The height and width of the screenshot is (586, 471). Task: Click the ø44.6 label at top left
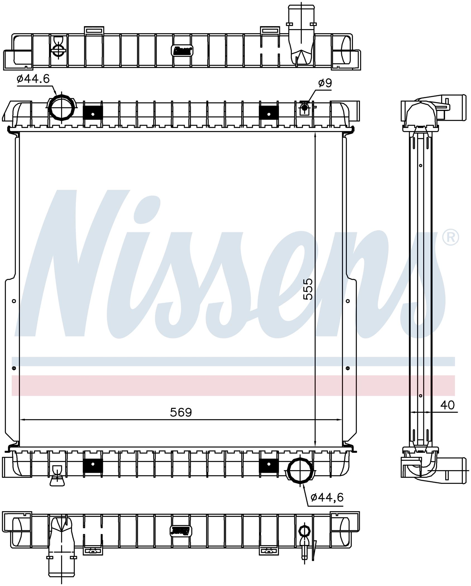(33, 79)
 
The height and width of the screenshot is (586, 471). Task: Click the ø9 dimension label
(325, 83)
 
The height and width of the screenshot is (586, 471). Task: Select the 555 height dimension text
(308, 289)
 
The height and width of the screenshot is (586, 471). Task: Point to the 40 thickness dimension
(447, 405)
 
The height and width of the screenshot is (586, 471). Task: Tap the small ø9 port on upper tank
(304, 107)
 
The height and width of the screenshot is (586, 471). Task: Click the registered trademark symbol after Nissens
(450, 237)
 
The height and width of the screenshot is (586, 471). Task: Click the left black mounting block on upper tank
(93, 114)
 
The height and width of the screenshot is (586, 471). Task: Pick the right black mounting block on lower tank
(269, 464)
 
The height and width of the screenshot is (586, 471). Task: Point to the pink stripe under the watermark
(233, 385)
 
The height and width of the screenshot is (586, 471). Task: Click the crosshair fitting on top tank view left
(58, 49)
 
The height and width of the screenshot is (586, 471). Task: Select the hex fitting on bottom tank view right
(304, 530)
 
